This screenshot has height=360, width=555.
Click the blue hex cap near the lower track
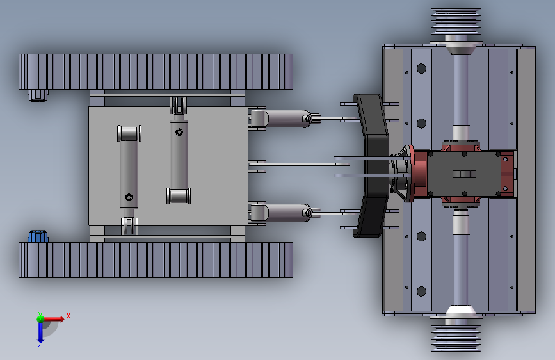click(38, 236)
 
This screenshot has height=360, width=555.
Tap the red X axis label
click(68, 316)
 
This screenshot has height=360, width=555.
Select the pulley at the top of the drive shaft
click(456, 21)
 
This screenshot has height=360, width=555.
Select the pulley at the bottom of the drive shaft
click(456, 339)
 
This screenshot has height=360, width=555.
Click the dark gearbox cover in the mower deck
click(464, 174)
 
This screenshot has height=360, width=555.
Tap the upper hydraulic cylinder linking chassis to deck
click(286, 119)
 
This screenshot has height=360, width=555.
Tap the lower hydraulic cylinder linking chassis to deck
click(286, 213)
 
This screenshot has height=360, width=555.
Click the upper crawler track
click(156, 72)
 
